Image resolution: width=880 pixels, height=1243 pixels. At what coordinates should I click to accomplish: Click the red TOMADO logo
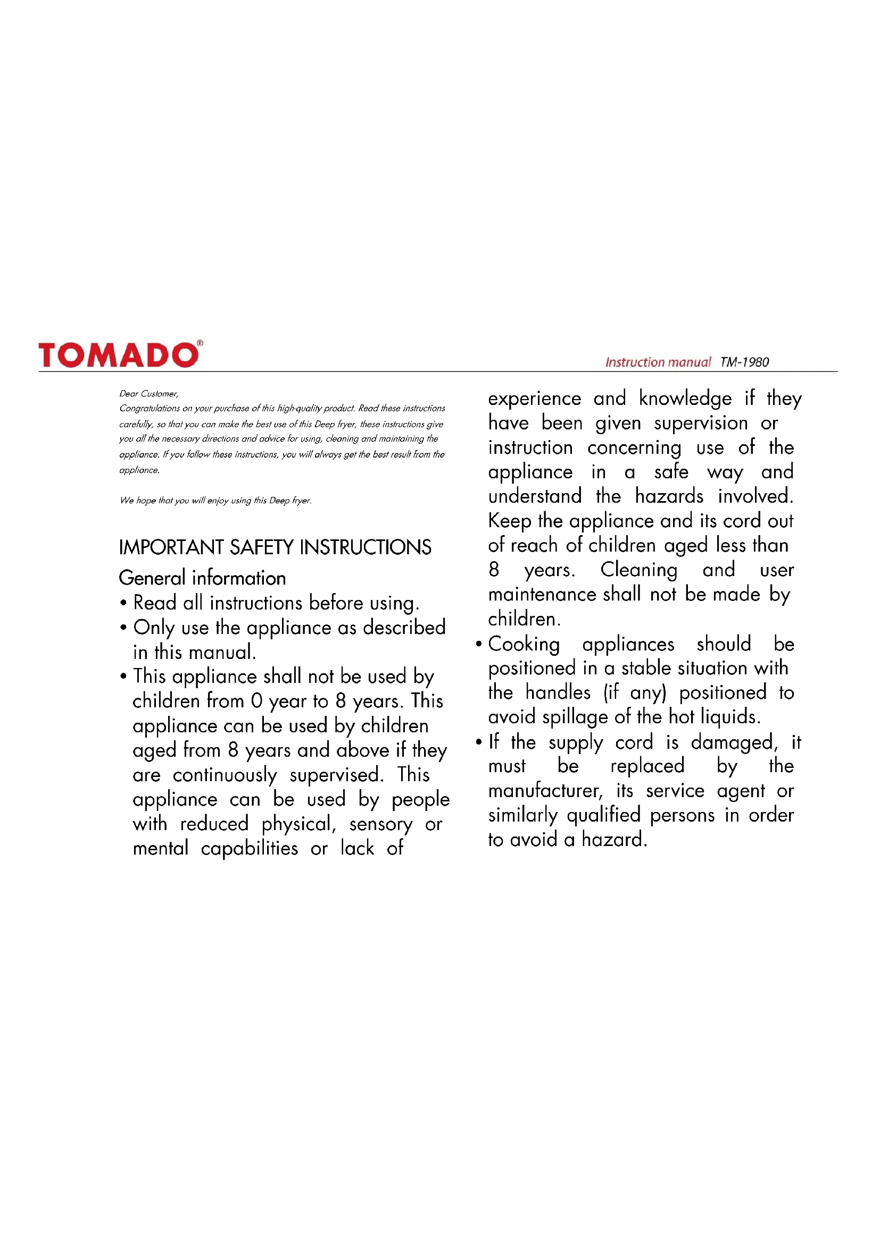point(118,355)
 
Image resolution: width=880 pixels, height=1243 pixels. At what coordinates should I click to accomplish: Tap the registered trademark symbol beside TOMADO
point(200,343)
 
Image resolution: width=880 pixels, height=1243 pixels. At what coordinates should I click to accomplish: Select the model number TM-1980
point(744,362)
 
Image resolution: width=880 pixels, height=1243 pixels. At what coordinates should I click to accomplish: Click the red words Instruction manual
point(657,362)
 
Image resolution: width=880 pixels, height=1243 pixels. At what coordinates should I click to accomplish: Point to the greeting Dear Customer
point(148,394)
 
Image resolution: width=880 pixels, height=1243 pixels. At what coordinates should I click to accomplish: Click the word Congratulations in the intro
point(150,408)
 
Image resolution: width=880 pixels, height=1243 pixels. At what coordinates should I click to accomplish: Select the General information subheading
point(202,578)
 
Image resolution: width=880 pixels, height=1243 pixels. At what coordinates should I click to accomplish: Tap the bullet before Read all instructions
point(123,603)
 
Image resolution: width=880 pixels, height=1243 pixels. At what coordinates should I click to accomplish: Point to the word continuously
point(225,775)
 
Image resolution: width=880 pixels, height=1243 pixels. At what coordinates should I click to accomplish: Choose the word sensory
point(380,825)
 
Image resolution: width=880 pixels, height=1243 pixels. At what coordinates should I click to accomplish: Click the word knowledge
point(685,399)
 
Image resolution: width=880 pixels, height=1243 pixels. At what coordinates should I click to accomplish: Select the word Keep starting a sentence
point(509,521)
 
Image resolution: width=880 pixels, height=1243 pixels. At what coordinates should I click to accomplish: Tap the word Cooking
point(524,644)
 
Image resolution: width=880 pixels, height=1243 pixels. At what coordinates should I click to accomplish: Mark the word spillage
point(575,717)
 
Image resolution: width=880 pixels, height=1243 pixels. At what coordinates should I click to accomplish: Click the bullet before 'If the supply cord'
point(478,742)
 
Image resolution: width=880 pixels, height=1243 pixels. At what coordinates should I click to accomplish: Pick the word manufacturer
point(545,791)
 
